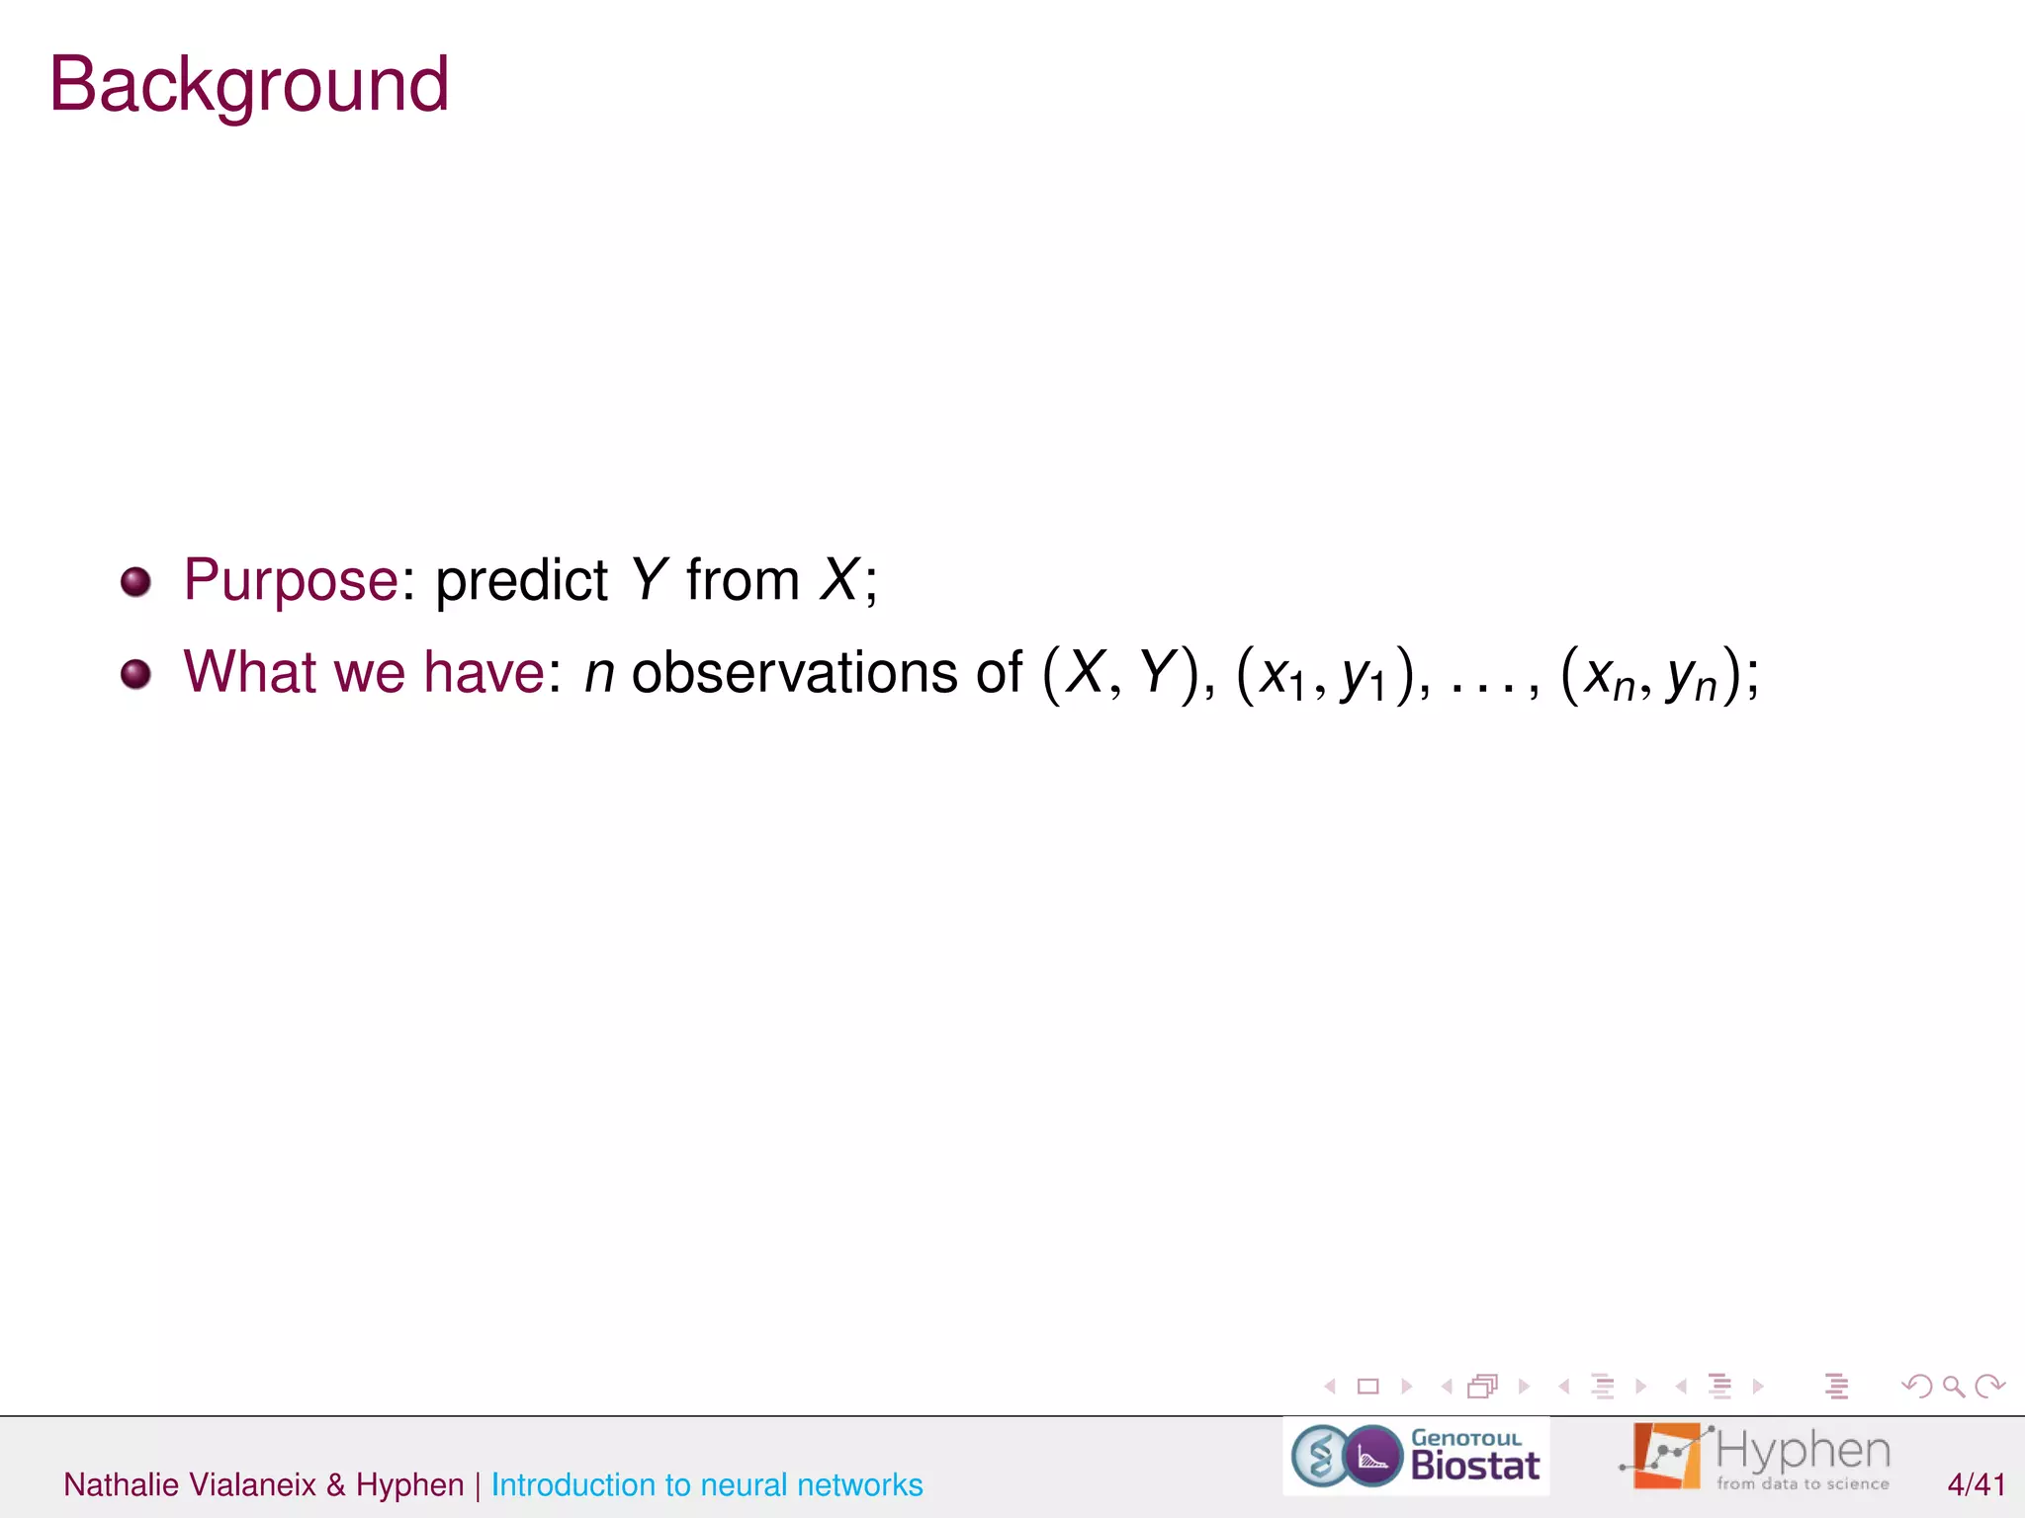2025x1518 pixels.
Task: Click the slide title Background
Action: click(x=249, y=85)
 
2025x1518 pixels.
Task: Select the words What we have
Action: click(x=364, y=672)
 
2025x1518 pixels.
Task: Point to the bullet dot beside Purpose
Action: click(x=135, y=581)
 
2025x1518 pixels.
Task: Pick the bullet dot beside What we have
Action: click(x=135, y=674)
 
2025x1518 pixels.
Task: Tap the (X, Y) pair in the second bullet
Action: click(x=1119, y=674)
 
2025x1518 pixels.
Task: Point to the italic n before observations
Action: click(x=599, y=674)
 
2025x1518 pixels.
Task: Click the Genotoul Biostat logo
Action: click(x=1416, y=1456)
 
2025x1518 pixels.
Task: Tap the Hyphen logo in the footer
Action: click(x=1756, y=1456)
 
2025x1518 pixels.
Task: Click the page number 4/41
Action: click(x=1976, y=1484)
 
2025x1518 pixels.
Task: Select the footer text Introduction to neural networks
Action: click(x=707, y=1484)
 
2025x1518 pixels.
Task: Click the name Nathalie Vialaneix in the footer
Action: click(x=190, y=1484)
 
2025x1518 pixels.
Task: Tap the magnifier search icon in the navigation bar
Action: click(x=1953, y=1387)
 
